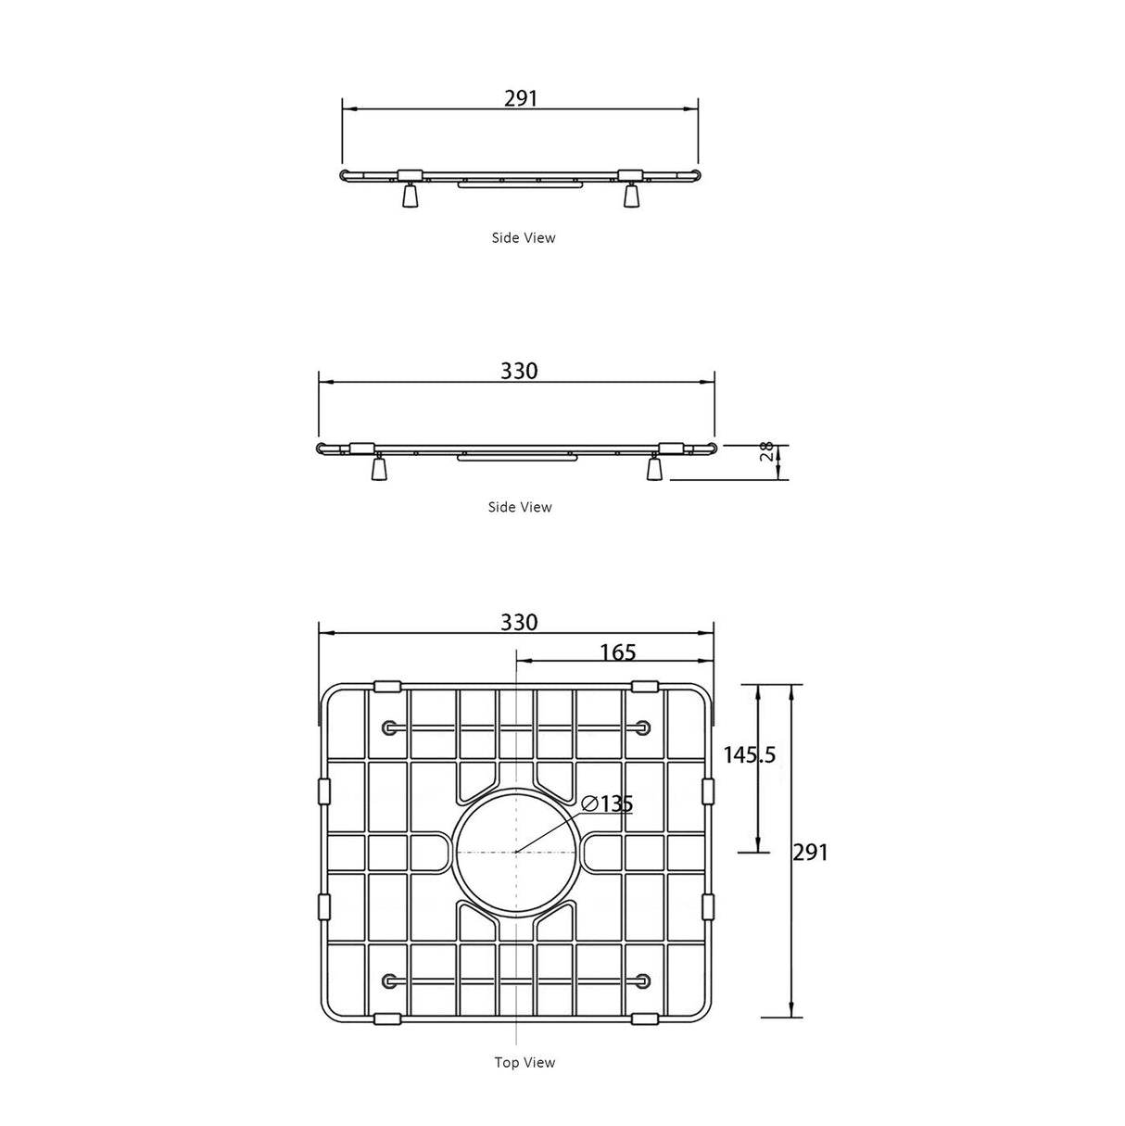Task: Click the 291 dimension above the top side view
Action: pyautogui.click(x=520, y=98)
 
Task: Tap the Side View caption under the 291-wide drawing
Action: pyautogui.click(x=524, y=238)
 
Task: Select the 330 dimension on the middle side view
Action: pyautogui.click(x=519, y=371)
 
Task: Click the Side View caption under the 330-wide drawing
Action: pyautogui.click(x=520, y=507)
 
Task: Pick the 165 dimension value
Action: pyautogui.click(x=617, y=652)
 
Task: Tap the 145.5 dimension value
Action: pyautogui.click(x=749, y=755)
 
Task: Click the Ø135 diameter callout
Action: pyautogui.click(x=608, y=803)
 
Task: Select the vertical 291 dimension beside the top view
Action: pyautogui.click(x=810, y=852)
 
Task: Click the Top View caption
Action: pyautogui.click(x=525, y=1063)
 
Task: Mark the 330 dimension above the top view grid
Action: pyautogui.click(x=519, y=622)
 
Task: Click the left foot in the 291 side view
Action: pyautogui.click(x=410, y=196)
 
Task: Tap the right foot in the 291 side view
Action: pyautogui.click(x=631, y=196)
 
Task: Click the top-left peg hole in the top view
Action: pyautogui.click(x=388, y=727)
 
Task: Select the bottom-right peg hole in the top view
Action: pyautogui.click(x=641, y=980)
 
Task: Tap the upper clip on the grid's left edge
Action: pyautogui.click(x=324, y=791)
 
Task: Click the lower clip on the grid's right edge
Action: pyautogui.click(x=708, y=906)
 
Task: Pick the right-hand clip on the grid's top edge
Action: pyautogui.click(x=644, y=687)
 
